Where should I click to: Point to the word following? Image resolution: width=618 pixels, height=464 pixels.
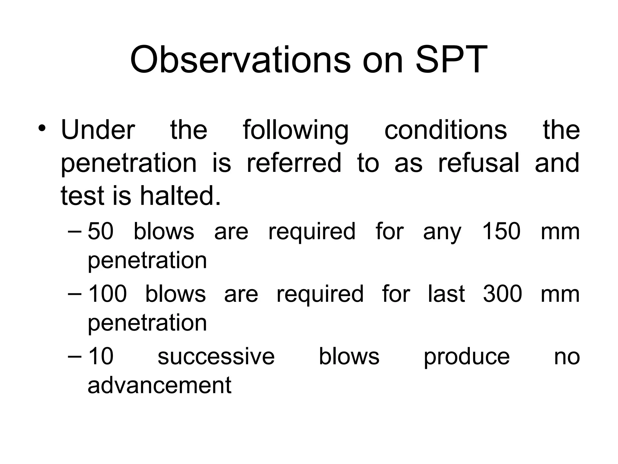(295, 130)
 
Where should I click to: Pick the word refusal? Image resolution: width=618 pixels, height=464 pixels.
(479, 163)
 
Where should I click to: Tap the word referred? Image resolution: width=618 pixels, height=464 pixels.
(294, 163)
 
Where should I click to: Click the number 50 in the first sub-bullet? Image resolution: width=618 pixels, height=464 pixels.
(100, 231)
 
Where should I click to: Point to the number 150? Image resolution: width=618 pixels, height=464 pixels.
(501, 231)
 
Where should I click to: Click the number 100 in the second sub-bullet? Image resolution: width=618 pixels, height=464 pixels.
(107, 294)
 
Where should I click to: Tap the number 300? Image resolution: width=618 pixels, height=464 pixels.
(502, 294)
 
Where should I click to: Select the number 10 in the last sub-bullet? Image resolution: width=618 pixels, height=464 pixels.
(100, 356)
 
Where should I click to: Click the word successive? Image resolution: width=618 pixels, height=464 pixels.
(216, 356)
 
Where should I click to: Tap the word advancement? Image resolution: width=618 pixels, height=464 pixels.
(159, 385)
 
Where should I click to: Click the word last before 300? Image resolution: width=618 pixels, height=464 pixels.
(446, 294)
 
